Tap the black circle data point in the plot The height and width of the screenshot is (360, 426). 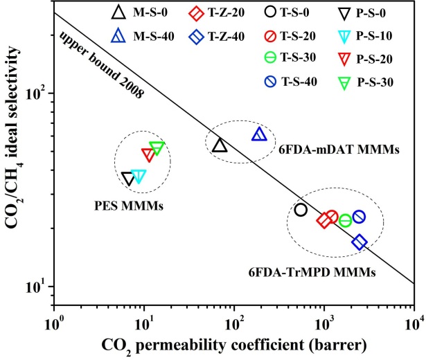pos(301,210)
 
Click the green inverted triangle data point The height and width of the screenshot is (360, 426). pos(157,147)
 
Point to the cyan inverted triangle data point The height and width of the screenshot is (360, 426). pos(139,176)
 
